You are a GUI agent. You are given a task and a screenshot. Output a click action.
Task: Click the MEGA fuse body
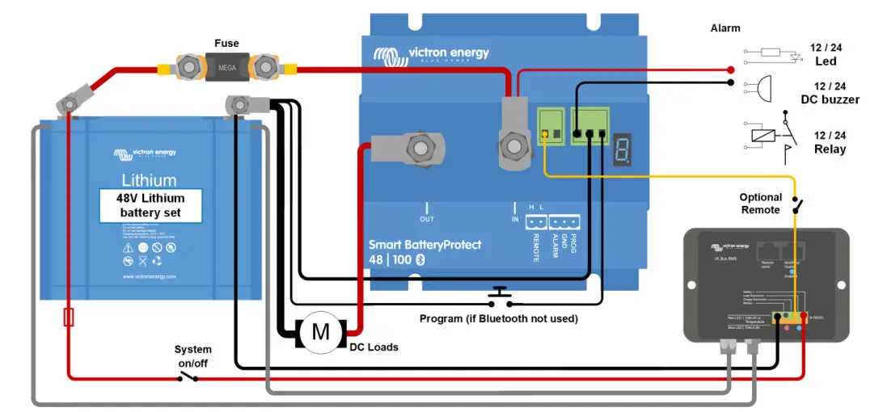(x=227, y=65)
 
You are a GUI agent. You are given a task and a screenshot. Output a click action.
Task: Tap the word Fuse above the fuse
(x=226, y=42)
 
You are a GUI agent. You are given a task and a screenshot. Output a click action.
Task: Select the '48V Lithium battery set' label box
(x=150, y=205)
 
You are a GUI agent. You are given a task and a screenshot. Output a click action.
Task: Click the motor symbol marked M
(x=321, y=331)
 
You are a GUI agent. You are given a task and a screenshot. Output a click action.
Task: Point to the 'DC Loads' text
(x=374, y=347)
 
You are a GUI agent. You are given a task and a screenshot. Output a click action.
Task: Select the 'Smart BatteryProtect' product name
(x=424, y=244)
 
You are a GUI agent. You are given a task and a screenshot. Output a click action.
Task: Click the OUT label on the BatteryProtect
(x=427, y=219)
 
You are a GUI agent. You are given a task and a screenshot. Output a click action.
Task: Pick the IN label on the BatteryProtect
(x=515, y=219)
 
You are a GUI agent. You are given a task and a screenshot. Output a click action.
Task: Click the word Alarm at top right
(x=725, y=28)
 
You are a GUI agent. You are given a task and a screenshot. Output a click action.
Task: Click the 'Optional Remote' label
(x=761, y=204)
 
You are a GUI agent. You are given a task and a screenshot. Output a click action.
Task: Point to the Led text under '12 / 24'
(x=826, y=61)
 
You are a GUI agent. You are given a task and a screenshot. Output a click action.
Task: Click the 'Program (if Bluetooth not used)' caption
(x=498, y=319)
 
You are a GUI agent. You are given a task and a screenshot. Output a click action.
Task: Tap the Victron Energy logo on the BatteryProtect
(x=431, y=55)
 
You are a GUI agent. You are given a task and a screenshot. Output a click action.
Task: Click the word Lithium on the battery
(x=150, y=179)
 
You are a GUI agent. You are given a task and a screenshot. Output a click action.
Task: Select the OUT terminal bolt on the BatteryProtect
(x=419, y=148)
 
